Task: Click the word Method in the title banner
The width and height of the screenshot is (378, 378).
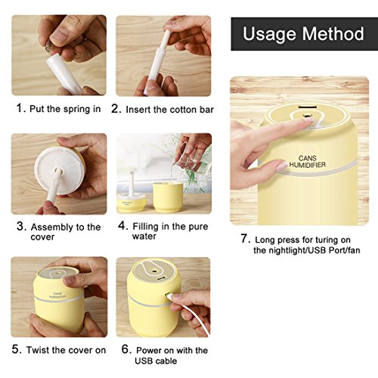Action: pos(333,33)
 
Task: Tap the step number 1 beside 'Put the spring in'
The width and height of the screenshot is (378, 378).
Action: pos(20,108)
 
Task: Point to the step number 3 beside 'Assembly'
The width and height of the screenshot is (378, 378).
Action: pos(21,226)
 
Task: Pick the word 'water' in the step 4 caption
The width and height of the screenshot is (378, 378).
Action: pos(144,237)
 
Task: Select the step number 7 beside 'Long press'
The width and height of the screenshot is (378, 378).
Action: pos(245,238)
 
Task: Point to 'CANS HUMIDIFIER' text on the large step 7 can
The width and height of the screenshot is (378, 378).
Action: pos(308,162)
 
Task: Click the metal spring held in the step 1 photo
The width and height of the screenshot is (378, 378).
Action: pos(49,47)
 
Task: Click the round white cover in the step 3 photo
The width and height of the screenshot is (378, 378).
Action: pos(60,171)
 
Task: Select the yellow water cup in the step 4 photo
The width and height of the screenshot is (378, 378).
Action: pos(168,197)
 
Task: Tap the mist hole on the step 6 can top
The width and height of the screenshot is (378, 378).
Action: pos(153,272)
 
